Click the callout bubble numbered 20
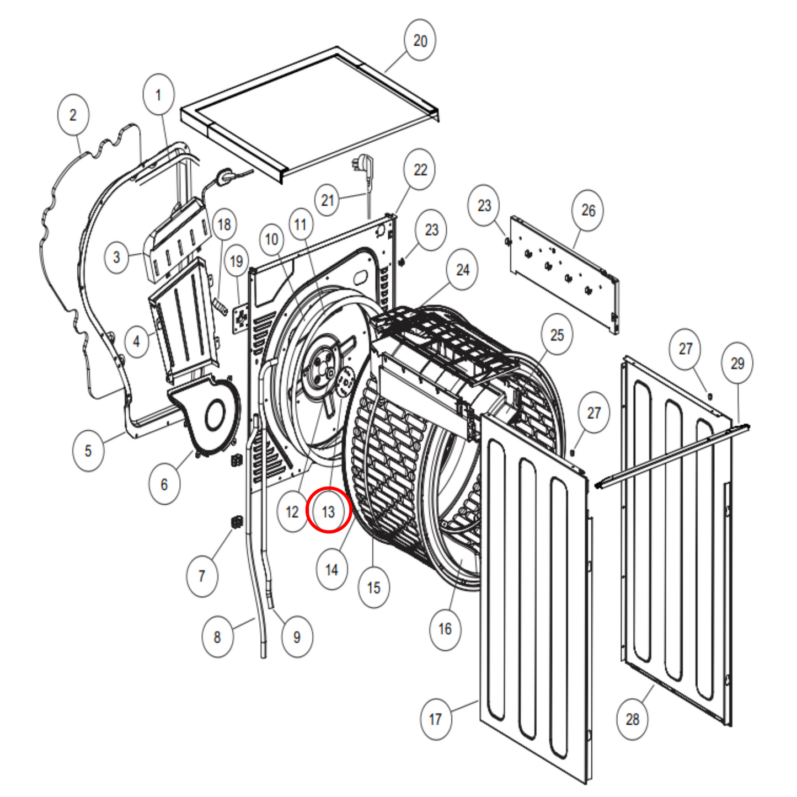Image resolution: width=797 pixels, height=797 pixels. pyautogui.click(x=420, y=40)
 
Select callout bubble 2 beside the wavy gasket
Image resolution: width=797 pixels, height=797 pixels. pyautogui.click(x=73, y=115)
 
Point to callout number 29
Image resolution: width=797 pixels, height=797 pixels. pyautogui.click(x=737, y=363)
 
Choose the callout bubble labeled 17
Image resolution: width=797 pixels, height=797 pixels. pyautogui.click(x=436, y=719)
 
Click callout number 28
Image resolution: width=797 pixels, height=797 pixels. pyautogui.click(x=632, y=719)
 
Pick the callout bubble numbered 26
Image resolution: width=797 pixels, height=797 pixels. pyautogui.click(x=588, y=210)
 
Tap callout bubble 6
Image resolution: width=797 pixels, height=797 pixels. pyautogui.click(x=164, y=484)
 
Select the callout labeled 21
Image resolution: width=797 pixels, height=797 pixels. pyautogui.click(x=327, y=200)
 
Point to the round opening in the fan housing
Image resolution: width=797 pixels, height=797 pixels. pyautogui.click(x=215, y=415)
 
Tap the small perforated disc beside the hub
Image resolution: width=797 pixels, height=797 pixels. pyautogui.click(x=345, y=382)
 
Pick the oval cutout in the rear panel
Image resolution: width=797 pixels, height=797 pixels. pyautogui.click(x=360, y=276)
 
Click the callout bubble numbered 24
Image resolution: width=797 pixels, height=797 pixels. pyautogui.click(x=462, y=270)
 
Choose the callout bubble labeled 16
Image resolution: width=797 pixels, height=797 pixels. pyautogui.click(x=445, y=629)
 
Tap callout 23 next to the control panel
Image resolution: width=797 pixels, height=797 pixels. pyautogui.click(x=484, y=205)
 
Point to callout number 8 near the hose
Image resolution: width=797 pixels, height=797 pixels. pyautogui.click(x=217, y=637)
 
